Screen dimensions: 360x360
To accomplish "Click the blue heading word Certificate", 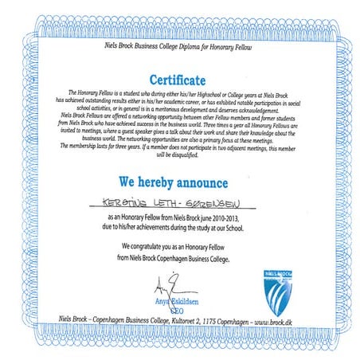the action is (181, 80).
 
